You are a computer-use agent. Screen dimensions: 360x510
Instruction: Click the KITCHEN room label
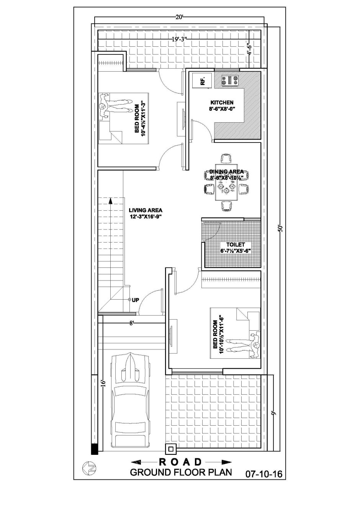[x=221, y=102]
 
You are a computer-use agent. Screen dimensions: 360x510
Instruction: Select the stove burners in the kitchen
[x=230, y=80]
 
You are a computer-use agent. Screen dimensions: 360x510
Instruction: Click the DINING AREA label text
[x=226, y=171]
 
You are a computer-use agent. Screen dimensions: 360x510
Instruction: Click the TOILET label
[x=236, y=245]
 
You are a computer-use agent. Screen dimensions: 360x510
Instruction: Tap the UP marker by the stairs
[x=134, y=300]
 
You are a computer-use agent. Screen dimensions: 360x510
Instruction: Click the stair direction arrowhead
[x=111, y=200]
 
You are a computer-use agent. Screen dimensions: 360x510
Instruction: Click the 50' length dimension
[x=281, y=228]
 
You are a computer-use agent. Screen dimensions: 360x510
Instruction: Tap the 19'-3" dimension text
[x=179, y=39]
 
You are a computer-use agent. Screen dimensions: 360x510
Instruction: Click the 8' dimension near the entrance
[x=131, y=323]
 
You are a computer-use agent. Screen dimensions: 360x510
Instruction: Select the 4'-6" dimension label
[x=250, y=49]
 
